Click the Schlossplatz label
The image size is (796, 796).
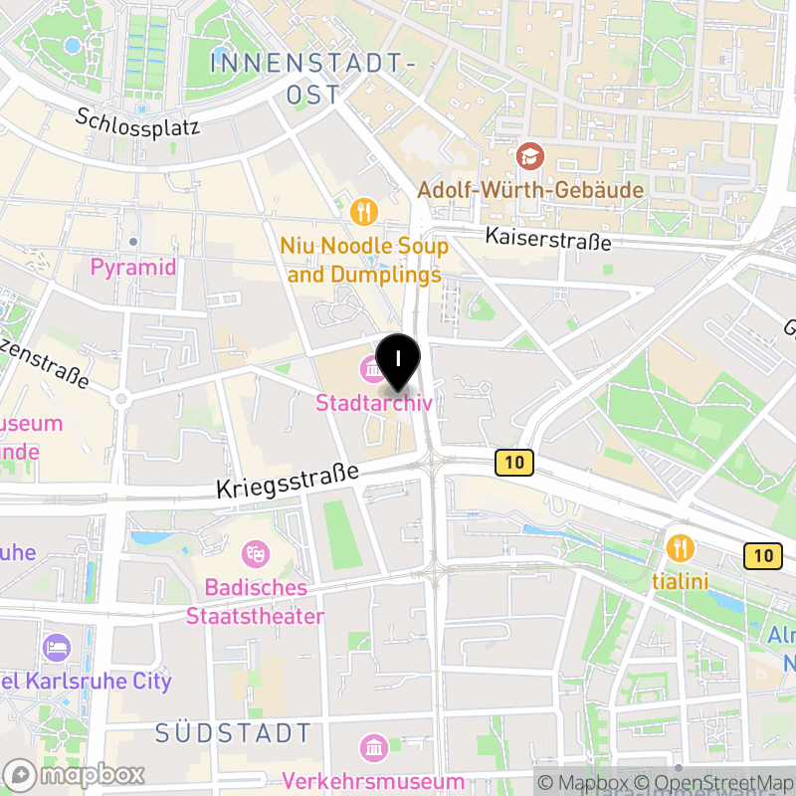138,121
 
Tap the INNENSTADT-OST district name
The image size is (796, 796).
312,78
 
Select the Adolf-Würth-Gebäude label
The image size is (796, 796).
530,189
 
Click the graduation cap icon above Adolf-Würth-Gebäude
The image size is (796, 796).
530,156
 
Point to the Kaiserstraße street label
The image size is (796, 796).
547,239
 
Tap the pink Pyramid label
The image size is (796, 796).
132,267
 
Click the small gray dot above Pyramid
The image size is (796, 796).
132,242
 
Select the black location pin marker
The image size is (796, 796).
398,361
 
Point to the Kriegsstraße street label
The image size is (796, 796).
288,483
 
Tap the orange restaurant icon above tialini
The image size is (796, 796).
680,546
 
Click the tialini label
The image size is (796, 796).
680,580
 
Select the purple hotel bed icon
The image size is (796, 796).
57,648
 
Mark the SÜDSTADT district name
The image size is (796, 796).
234,734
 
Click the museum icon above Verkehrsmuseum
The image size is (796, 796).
373,747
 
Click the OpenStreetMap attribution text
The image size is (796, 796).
712,783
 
